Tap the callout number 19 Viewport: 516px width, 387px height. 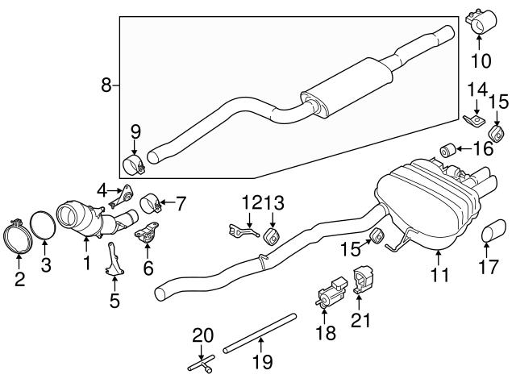click(260, 364)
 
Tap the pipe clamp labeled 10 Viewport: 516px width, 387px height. click(482, 23)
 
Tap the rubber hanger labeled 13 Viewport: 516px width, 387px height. click(272, 235)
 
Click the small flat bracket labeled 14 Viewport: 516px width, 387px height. click(475, 120)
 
